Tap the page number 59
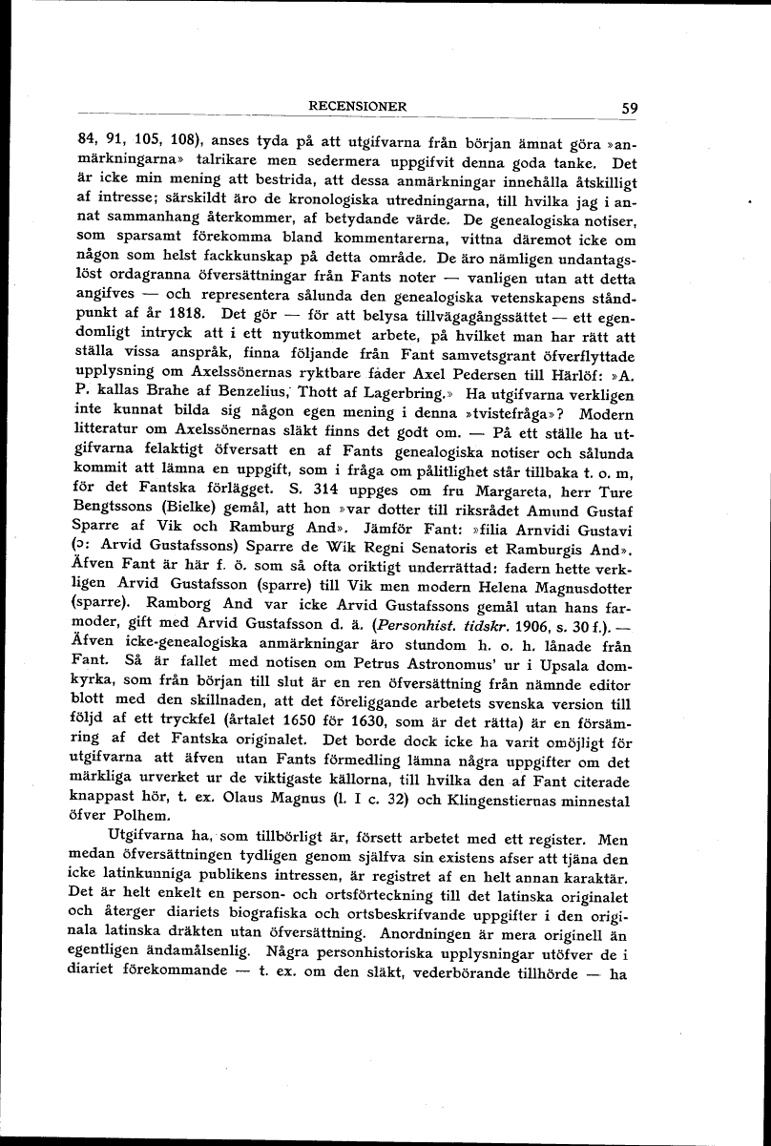click(629, 108)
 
